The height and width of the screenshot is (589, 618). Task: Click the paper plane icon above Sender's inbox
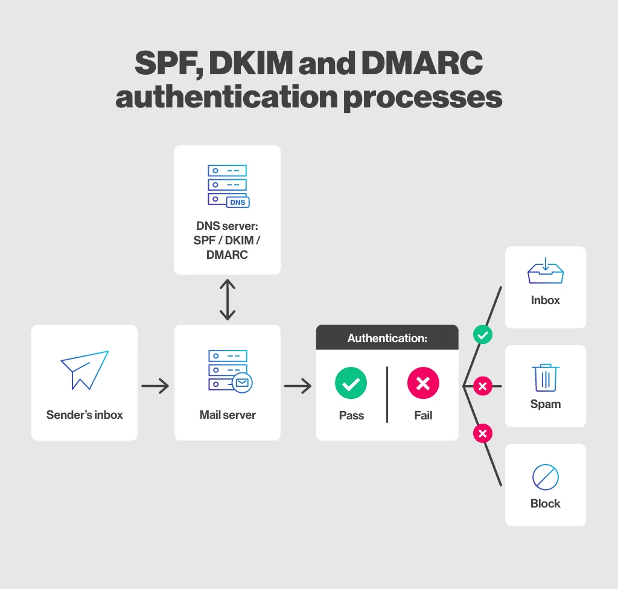tap(84, 369)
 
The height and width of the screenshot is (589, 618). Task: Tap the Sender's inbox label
tap(84, 415)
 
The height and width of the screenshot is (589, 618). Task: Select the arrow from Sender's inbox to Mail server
tap(156, 386)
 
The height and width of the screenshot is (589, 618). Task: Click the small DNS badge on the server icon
tap(238, 202)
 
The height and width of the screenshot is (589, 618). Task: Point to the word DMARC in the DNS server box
tap(227, 255)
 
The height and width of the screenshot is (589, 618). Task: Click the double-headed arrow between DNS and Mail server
tap(228, 299)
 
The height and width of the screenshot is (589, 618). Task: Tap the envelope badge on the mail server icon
tap(243, 382)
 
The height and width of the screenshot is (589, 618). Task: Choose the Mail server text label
tap(228, 415)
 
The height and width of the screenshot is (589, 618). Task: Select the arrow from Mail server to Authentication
tap(298, 386)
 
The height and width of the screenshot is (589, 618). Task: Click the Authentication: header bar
tap(387, 339)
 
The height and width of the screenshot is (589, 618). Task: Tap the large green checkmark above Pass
tap(351, 383)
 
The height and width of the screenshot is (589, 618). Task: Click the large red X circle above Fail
tap(423, 383)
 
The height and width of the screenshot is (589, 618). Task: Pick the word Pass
tap(351, 416)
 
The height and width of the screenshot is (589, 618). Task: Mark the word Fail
tap(423, 416)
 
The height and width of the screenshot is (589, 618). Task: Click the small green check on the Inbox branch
tap(482, 334)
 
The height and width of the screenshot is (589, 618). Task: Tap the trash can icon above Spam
tap(546, 377)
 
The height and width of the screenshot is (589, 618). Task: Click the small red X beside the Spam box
tap(482, 386)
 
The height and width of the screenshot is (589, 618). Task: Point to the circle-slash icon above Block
tap(546, 477)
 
